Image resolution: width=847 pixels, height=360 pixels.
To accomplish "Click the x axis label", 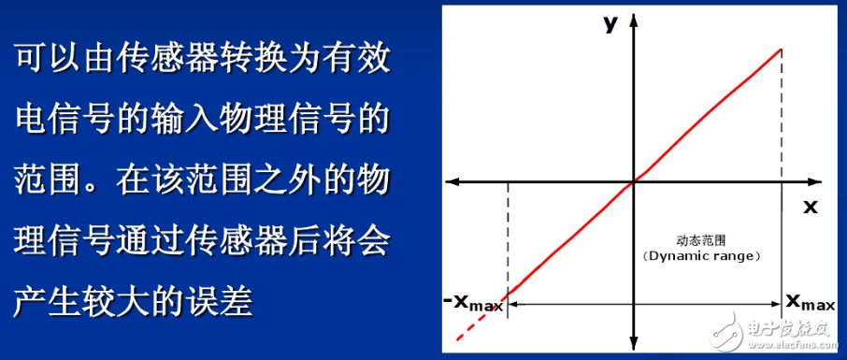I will click(x=810, y=206).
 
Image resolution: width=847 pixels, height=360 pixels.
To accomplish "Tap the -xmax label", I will click(x=473, y=302).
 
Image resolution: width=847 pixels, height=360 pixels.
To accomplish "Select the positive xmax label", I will click(x=810, y=301).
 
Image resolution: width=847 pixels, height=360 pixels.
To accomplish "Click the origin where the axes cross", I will click(x=634, y=180).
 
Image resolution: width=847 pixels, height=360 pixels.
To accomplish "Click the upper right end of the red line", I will click(x=781, y=49).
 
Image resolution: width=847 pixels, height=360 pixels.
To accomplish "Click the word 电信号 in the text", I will click(x=58, y=122).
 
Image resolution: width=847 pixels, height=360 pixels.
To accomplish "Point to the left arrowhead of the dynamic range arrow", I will click(x=511, y=304).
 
